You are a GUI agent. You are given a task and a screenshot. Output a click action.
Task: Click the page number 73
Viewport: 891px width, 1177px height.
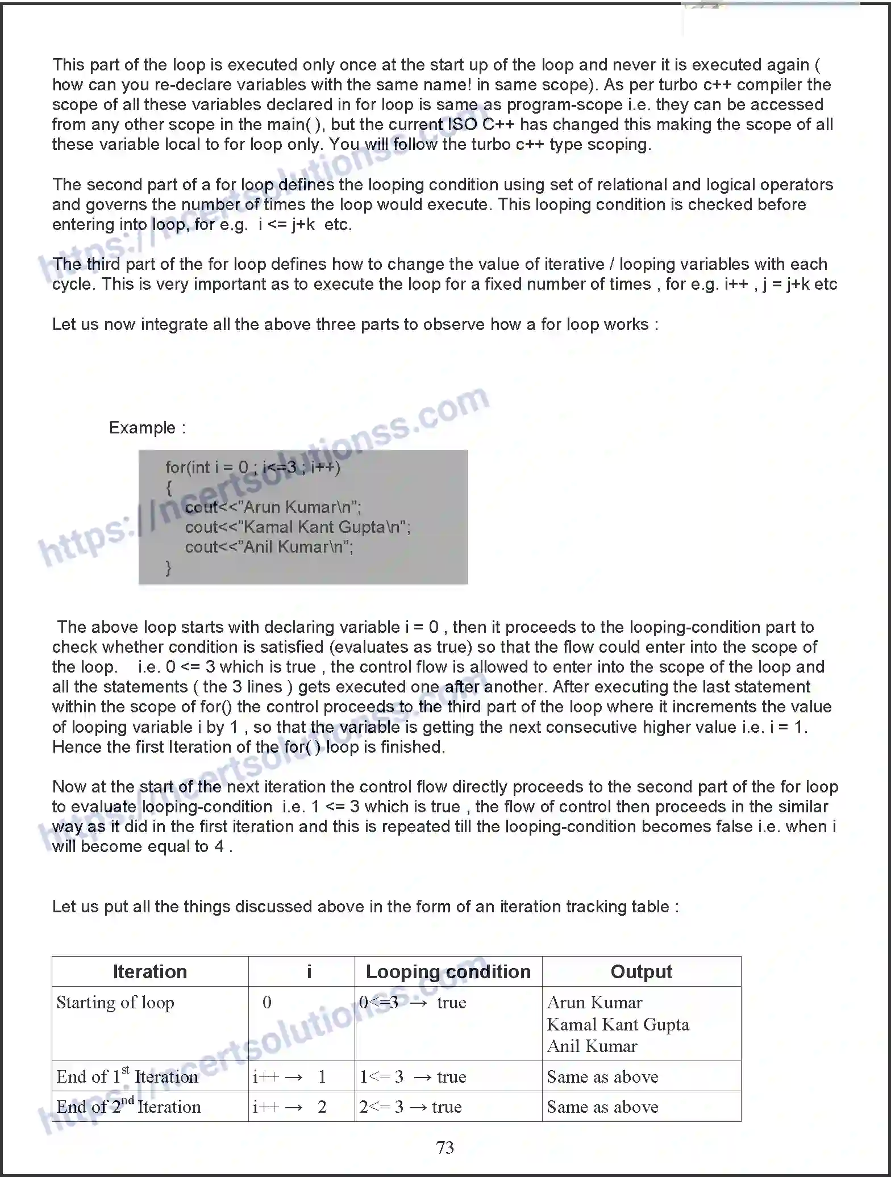pyautogui.click(x=445, y=1147)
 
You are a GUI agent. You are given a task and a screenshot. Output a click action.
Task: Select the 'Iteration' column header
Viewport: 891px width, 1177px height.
pyautogui.click(x=149, y=971)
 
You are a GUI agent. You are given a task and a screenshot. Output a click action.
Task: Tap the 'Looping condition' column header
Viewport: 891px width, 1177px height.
pyautogui.click(x=448, y=971)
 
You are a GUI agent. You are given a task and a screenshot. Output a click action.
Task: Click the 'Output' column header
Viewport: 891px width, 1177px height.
pyautogui.click(x=641, y=971)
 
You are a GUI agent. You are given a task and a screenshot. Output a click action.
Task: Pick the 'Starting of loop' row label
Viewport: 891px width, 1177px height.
pyautogui.click(x=115, y=1003)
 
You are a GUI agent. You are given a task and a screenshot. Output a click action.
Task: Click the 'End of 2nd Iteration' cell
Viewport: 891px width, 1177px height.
pyautogui.click(x=129, y=1107)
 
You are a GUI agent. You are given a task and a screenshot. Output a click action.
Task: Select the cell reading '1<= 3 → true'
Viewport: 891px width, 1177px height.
pyautogui.click(x=413, y=1076)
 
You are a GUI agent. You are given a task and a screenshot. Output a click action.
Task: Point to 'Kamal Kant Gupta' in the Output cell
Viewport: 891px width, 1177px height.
pyautogui.click(x=618, y=1024)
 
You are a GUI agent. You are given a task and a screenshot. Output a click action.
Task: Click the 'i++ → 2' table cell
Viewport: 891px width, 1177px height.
pyautogui.click(x=290, y=1107)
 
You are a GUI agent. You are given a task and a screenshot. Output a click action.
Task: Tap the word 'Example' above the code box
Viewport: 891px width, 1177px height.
pyautogui.click(x=142, y=427)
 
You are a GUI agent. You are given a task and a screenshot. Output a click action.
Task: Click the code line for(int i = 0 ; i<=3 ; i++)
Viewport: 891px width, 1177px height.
pyautogui.click(x=253, y=468)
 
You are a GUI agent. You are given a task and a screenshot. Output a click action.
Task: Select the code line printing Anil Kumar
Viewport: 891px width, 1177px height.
pyautogui.click(x=269, y=547)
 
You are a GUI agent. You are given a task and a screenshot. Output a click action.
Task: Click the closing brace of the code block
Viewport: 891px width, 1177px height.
pyautogui.click(x=168, y=567)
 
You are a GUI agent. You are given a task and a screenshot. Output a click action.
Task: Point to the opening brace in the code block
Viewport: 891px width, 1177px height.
pyautogui.click(x=168, y=487)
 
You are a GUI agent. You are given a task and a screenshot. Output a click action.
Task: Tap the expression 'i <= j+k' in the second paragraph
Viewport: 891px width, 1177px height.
pyautogui.click(x=287, y=224)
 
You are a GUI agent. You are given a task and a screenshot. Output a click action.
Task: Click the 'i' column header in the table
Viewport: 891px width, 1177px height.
pyautogui.click(x=309, y=971)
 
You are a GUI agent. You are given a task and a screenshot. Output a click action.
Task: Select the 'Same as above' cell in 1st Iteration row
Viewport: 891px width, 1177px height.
pyautogui.click(x=602, y=1076)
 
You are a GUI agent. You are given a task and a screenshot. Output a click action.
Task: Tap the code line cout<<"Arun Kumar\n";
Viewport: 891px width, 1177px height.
pyautogui.click(x=273, y=507)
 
